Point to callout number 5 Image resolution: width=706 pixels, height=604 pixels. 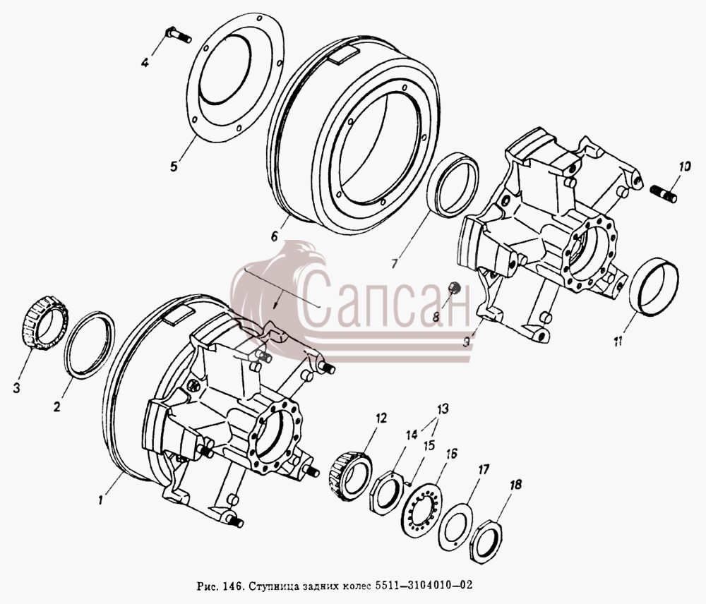(x=174, y=166)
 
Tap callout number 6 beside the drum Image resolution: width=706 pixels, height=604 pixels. (x=275, y=236)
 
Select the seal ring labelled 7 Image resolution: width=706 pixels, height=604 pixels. (x=453, y=185)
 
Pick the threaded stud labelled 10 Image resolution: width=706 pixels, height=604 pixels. (x=664, y=193)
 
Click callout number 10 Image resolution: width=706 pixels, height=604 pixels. (x=684, y=167)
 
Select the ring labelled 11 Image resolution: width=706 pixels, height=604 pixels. (x=654, y=287)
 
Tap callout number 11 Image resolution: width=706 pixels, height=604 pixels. (x=618, y=341)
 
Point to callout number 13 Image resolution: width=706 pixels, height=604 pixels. (x=443, y=409)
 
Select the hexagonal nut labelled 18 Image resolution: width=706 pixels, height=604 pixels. (x=486, y=540)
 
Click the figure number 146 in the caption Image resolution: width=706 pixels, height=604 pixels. (x=227, y=586)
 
